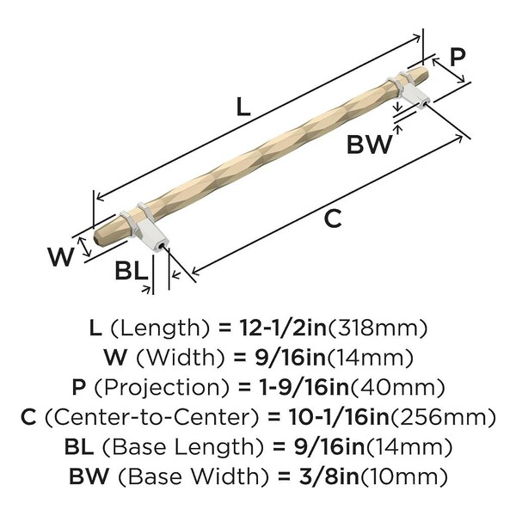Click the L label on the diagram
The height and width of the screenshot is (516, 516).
pyautogui.click(x=243, y=107)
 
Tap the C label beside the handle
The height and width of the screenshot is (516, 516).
pyautogui.click(x=333, y=218)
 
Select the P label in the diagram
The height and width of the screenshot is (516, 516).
pyautogui.click(x=458, y=58)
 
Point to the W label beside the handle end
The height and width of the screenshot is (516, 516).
pyautogui.click(x=60, y=257)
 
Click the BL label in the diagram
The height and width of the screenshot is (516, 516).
pyautogui.click(x=132, y=272)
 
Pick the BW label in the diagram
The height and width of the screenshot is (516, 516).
pyautogui.click(x=370, y=144)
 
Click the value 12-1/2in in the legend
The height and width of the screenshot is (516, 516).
pyautogui.click(x=283, y=329)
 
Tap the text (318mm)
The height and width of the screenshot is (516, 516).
pyautogui.click(x=378, y=329)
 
